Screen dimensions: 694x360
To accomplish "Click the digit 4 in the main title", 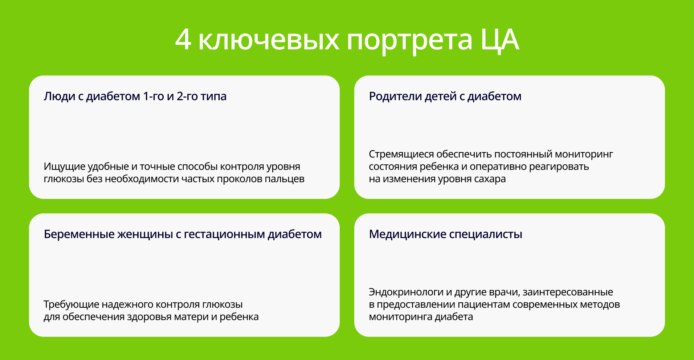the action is click(183, 39).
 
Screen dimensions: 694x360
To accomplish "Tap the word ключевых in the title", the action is click(269, 40).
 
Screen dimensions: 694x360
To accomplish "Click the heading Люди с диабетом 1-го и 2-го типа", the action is click(135, 96).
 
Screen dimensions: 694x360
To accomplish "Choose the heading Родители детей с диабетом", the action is click(445, 96).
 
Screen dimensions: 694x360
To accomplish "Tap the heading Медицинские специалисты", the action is click(445, 234).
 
